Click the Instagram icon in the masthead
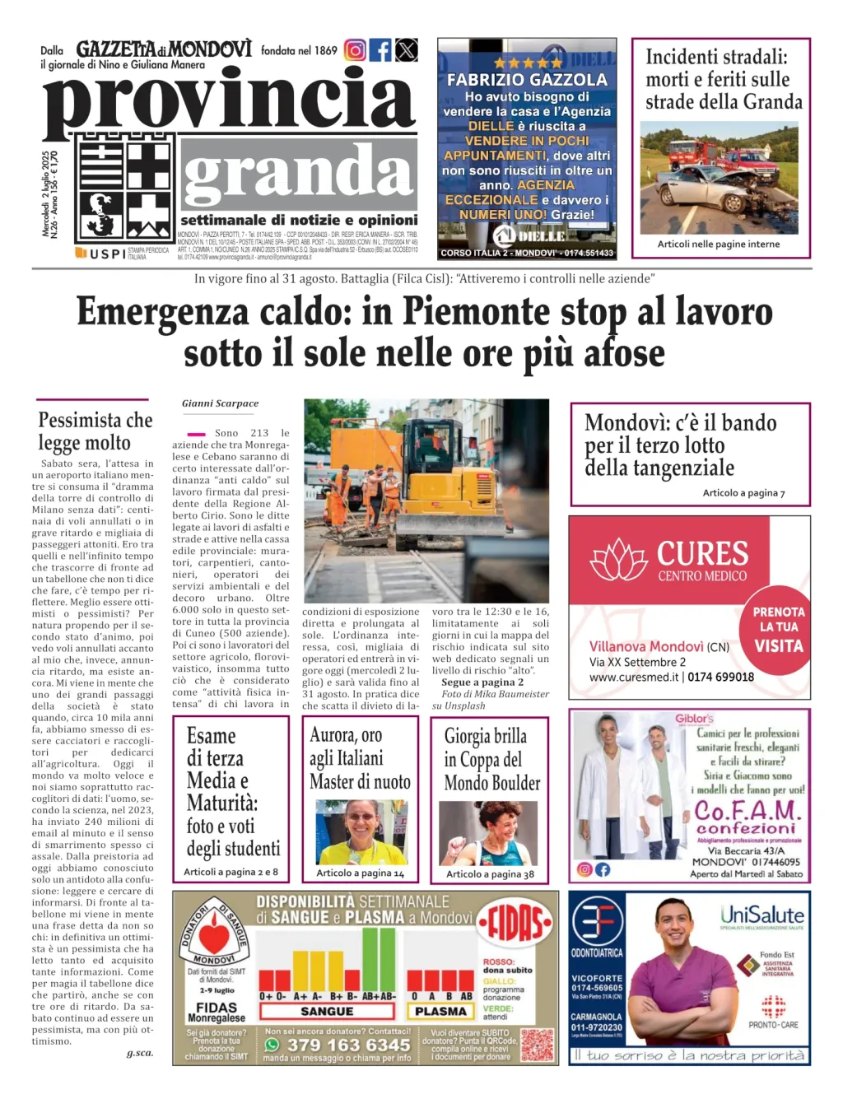tap(355, 50)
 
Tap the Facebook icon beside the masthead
tap(380, 50)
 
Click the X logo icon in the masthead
tap(406, 50)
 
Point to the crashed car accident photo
tap(720, 177)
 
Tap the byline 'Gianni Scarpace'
tap(220, 403)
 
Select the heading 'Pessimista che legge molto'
tap(95, 431)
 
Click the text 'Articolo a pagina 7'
tap(743, 492)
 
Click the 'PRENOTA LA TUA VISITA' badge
tap(778, 629)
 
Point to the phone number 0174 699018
tap(720, 677)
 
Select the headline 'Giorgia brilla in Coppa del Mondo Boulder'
tap(492, 759)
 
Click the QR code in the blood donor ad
tap(538, 1045)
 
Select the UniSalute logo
tap(761, 915)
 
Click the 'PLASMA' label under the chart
tap(440, 1012)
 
